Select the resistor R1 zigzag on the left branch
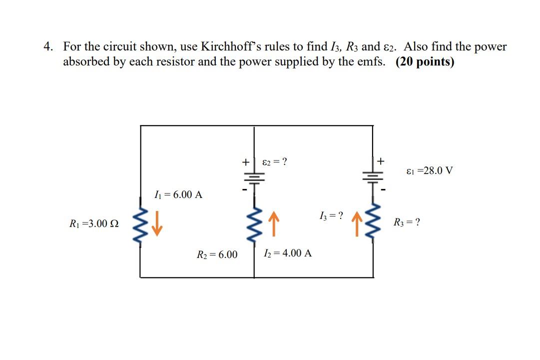(140, 223)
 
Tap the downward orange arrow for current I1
(157, 223)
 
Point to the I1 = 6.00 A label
(178, 194)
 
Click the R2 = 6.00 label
(217, 255)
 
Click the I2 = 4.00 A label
(287, 253)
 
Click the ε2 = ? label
(275, 162)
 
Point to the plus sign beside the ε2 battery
(245, 162)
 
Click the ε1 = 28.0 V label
(430, 170)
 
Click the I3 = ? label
(331, 216)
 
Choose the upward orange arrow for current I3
(357, 223)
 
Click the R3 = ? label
(407, 222)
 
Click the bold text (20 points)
(425, 62)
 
